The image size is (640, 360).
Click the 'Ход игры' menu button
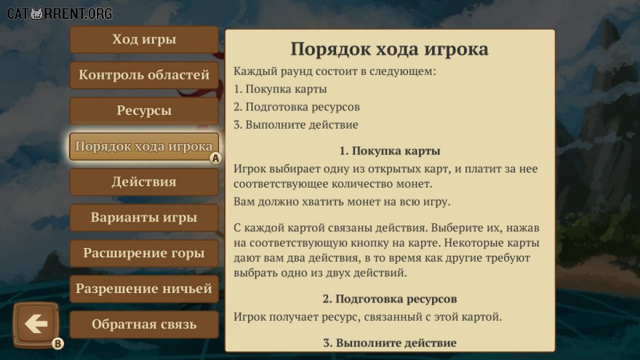[x=144, y=39]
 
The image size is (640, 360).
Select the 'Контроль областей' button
[x=144, y=75]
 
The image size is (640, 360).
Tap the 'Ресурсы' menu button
[x=144, y=111]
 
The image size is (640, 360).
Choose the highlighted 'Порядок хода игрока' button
[x=144, y=146]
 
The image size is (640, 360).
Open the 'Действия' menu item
[x=144, y=182]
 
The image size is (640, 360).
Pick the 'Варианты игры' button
[x=144, y=217]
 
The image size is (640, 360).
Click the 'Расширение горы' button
[x=144, y=253]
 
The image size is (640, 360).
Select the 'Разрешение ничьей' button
[x=144, y=289]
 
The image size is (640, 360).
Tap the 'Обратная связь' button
[x=144, y=324]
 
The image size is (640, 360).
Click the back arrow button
[x=36, y=324]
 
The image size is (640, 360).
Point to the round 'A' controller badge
[x=215, y=158]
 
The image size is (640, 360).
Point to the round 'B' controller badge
[x=57, y=344]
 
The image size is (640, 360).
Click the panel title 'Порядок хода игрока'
[x=389, y=49]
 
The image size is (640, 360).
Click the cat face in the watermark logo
[x=37, y=14]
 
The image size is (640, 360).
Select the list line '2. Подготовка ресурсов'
[x=297, y=107]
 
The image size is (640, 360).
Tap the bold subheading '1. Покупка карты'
[x=390, y=151]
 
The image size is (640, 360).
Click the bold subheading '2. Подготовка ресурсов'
[x=390, y=299]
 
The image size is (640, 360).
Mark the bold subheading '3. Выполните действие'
[x=390, y=343]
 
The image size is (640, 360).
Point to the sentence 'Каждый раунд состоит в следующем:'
[x=335, y=71]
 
